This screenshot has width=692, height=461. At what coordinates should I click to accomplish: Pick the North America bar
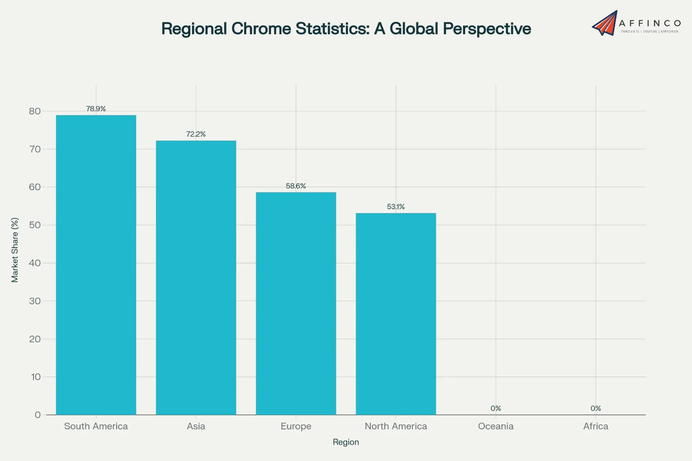(396, 314)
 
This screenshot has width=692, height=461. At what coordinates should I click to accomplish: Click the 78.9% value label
(96, 109)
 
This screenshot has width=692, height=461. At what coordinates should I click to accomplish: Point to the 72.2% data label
(196, 134)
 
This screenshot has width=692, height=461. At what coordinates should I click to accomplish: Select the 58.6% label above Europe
(296, 186)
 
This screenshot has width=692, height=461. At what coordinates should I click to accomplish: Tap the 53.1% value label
(396, 207)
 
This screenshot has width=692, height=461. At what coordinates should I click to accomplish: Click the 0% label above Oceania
(496, 409)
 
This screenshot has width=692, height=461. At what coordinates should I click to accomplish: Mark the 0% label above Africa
(596, 409)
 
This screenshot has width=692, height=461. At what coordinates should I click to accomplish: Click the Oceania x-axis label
(496, 426)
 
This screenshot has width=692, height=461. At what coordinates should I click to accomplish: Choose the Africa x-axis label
(596, 426)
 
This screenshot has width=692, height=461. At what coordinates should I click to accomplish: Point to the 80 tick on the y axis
(35, 111)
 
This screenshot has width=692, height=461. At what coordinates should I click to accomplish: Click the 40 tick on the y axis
(35, 263)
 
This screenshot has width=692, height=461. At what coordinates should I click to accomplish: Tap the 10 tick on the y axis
(35, 377)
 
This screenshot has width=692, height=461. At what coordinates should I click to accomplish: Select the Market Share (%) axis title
(15, 250)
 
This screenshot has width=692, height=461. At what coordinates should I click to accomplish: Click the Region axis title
(346, 442)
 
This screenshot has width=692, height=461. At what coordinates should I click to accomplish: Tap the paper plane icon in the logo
(605, 23)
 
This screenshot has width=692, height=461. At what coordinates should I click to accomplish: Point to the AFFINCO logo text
(650, 23)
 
